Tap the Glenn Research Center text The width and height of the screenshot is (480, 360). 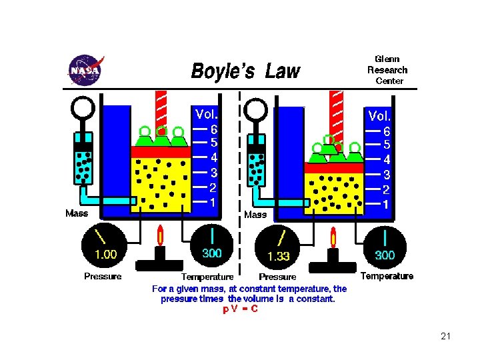tap(387, 70)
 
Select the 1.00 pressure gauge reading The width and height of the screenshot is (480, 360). tap(105, 254)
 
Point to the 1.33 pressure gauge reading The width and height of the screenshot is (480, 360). tap(279, 256)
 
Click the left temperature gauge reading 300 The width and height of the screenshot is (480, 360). tap(211, 253)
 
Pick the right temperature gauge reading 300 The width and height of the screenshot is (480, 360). tap(385, 255)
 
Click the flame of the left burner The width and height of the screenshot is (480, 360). tap(160, 235)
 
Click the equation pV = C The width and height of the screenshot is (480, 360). tap(241, 309)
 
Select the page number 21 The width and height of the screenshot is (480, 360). tap(446, 336)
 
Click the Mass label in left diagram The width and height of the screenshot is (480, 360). tap(77, 214)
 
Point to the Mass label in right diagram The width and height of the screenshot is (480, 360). tap(255, 215)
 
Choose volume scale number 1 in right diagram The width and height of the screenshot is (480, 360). tap(386, 204)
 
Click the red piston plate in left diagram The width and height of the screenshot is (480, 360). tap(161, 152)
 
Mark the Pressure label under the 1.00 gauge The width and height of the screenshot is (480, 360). tap(103, 276)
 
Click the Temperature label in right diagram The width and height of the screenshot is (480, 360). tap(387, 276)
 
